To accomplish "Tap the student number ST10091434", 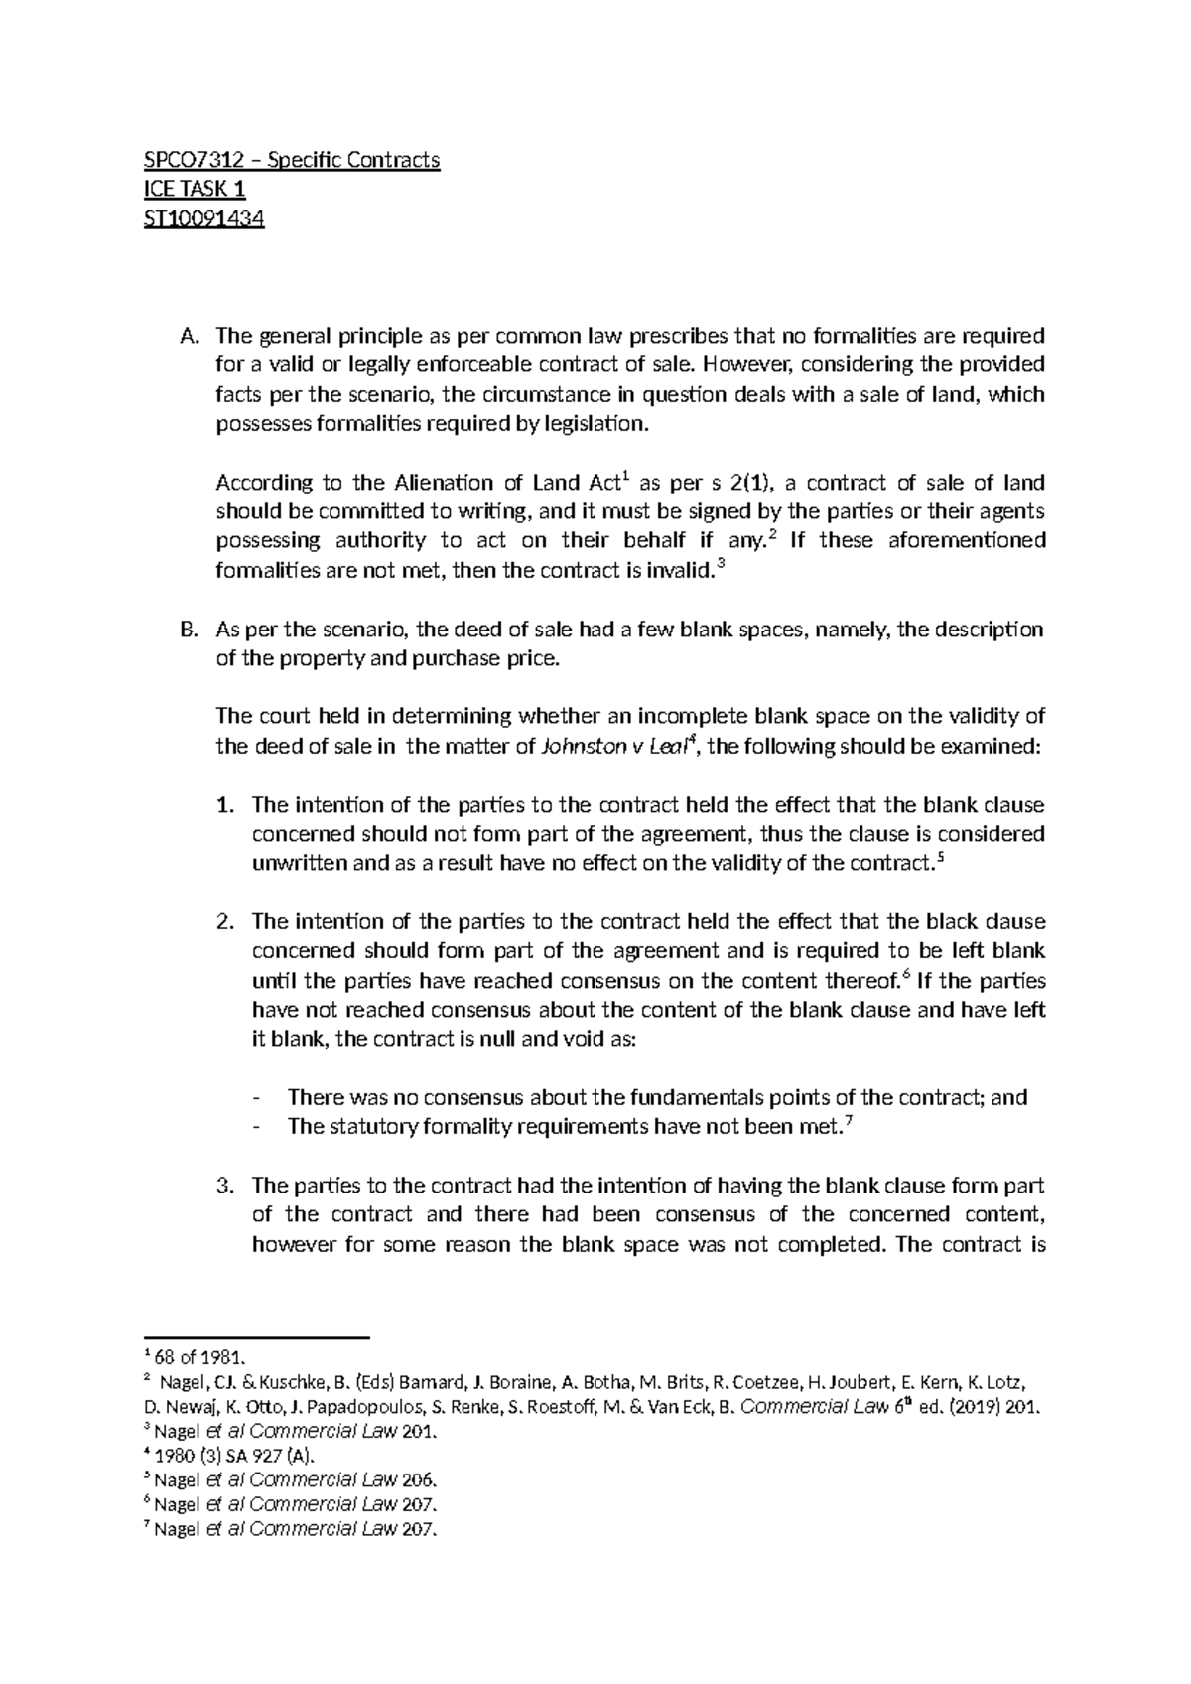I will pyautogui.click(x=204, y=218).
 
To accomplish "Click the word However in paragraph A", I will pyautogui.click(x=727, y=365).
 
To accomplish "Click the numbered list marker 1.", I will pyautogui.click(x=224, y=805).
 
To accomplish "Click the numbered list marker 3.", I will pyautogui.click(x=224, y=1187).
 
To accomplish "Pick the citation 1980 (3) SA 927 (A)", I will pyautogui.click(x=234, y=1457).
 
